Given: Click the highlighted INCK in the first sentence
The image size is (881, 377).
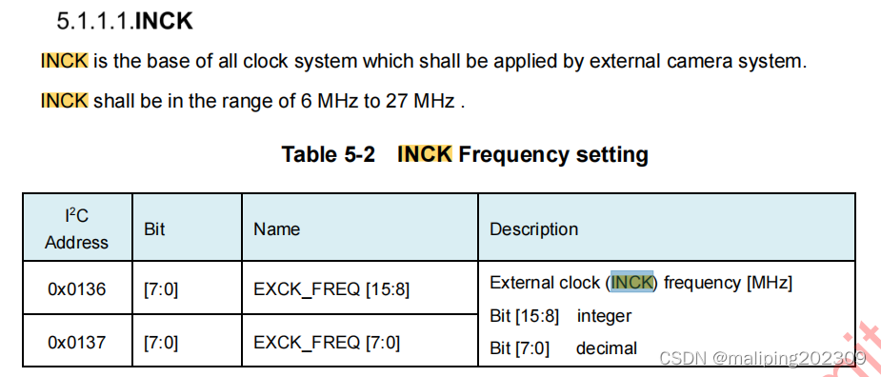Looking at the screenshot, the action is point(64,61).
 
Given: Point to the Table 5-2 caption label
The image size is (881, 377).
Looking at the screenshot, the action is point(328,154).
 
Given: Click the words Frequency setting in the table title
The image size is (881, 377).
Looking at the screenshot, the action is point(553,154).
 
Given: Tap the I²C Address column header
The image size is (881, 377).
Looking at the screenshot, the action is point(76,228).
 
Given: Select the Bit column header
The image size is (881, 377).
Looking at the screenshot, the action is point(154,229).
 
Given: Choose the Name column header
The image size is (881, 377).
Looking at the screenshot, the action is point(276,229).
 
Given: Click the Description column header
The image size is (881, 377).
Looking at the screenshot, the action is point(533,229).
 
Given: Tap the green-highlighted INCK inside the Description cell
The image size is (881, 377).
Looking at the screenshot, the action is point(632,283).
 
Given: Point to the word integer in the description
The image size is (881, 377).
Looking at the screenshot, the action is point(604,316).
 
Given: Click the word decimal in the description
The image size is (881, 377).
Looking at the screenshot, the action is point(606,348).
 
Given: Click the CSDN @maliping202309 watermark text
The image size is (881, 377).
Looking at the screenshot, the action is point(762,358).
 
